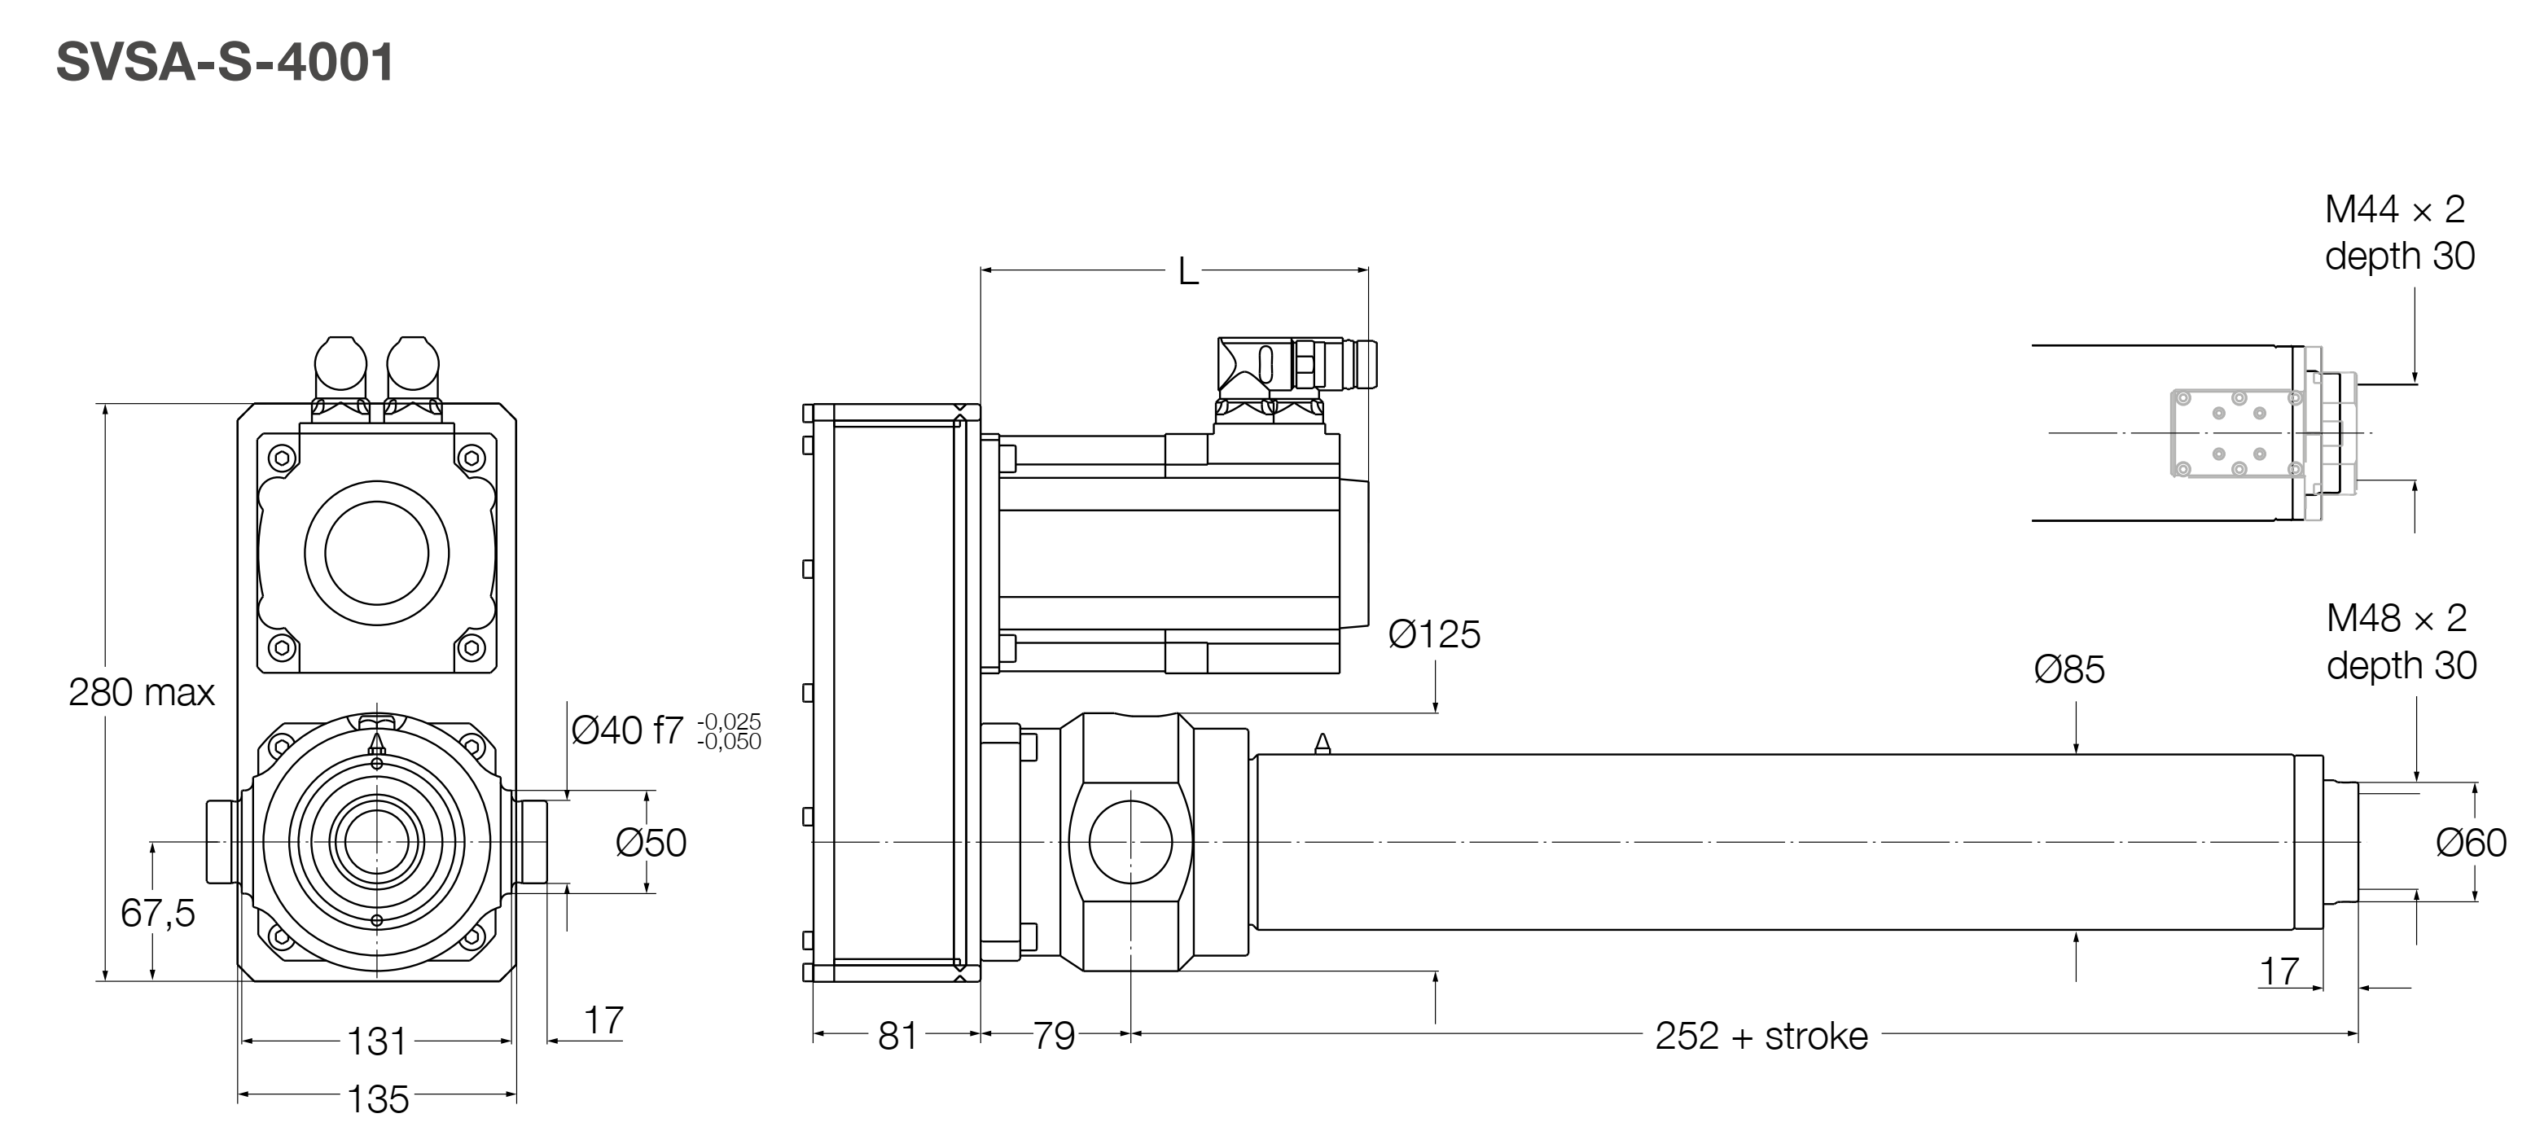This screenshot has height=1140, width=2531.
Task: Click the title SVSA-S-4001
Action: (225, 63)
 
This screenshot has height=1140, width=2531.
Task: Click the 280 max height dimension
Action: (142, 693)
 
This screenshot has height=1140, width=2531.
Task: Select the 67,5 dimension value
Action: (157, 913)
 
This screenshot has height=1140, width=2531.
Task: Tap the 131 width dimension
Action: (376, 1041)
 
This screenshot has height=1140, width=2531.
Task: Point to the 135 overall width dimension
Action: (377, 1098)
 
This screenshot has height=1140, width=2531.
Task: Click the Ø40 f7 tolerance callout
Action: (665, 730)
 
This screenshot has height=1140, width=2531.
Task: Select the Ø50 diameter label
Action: (651, 842)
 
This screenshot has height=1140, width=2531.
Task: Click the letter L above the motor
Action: (1188, 272)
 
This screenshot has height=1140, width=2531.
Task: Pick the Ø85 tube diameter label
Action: (2068, 670)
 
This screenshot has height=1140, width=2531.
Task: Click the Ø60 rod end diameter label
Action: (2470, 842)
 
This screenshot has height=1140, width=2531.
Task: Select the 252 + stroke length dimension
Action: (1761, 1036)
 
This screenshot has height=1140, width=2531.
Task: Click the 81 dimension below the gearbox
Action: (897, 1036)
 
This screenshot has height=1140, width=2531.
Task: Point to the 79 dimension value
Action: (1053, 1036)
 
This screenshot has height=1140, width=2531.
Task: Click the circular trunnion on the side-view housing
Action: (1131, 841)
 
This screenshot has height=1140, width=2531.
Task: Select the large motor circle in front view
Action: (376, 552)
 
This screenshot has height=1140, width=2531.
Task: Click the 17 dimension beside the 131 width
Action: (603, 1020)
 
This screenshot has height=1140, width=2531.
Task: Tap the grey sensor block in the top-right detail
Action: (2235, 432)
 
